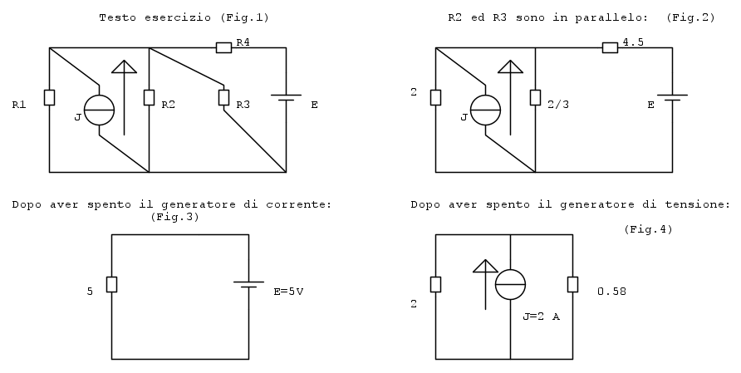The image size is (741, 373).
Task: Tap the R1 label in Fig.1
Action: point(19,106)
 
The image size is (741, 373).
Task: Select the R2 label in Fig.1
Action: point(168,106)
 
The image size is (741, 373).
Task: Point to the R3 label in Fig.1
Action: point(243,106)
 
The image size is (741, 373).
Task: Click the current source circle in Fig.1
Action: point(99,110)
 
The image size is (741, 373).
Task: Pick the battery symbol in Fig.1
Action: point(287,100)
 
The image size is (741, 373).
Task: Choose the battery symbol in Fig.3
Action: point(248,285)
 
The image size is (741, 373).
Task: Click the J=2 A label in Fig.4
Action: point(542,317)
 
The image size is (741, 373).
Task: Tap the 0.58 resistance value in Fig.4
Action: point(611,292)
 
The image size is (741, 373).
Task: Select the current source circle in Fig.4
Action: point(510,285)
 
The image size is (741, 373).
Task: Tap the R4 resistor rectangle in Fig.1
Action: point(223,47)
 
